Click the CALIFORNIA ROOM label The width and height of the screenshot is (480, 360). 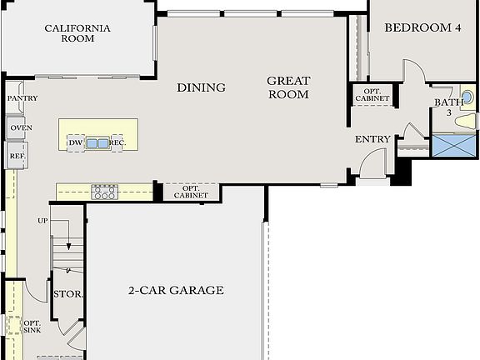coord(77,33)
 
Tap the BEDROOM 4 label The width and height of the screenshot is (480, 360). coord(422,27)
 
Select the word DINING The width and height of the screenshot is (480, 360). coord(201,87)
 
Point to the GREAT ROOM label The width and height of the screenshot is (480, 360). coord(288,87)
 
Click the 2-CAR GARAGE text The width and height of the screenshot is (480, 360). coord(175,291)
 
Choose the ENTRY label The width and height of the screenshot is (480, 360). coord(372,139)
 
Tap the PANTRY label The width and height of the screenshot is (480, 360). coord(22,98)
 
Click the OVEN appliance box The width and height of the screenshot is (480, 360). coord(21,127)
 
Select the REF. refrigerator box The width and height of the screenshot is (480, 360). coord(17,156)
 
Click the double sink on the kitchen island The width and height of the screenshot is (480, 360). coord(97,143)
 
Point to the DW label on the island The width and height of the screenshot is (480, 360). coord(75,143)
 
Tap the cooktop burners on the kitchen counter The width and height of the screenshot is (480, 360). coord(104,192)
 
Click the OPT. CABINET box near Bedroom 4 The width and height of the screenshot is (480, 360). coord(372,94)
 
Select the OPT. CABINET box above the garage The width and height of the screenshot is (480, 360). coord(191,192)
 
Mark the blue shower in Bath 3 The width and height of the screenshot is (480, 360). coord(454,146)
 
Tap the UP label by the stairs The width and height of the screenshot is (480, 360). coord(42,221)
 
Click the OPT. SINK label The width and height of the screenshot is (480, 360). coord(32,327)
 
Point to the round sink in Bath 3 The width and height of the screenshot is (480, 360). coord(467,97)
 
